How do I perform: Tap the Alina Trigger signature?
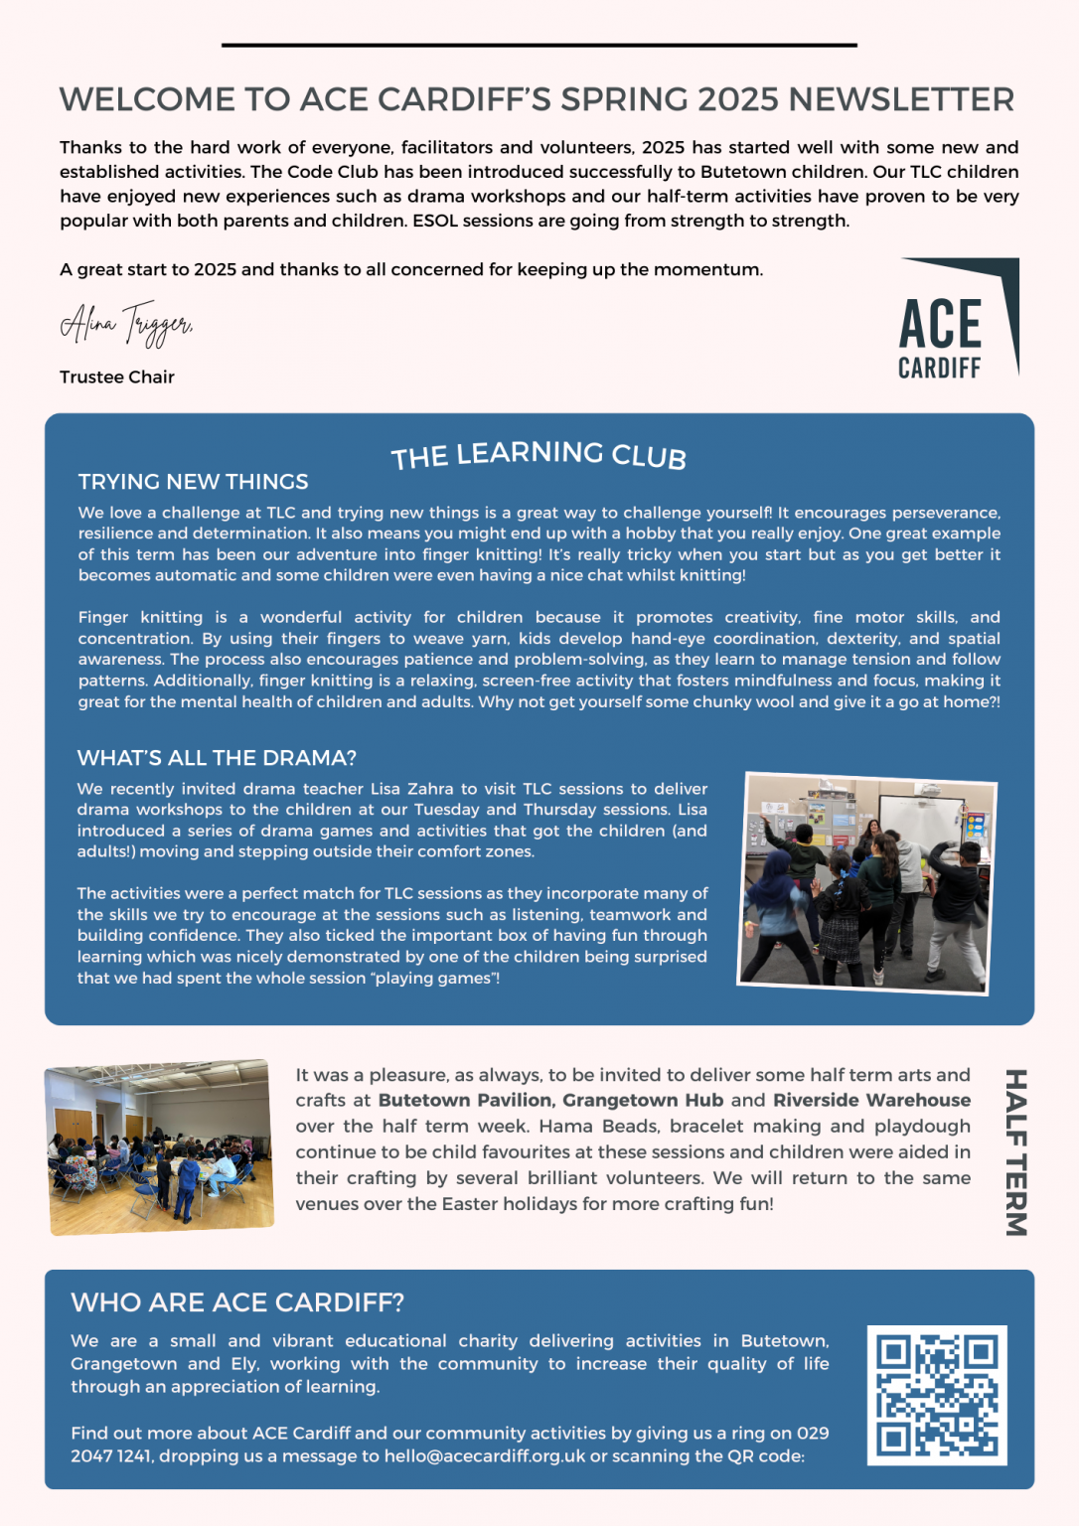tap(126, 323)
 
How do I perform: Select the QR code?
tap(936, 1395)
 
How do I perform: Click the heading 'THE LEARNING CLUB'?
tap(539, 455)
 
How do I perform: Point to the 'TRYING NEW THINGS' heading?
tap(193, 482)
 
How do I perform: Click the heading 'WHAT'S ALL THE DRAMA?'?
tap(217, 758)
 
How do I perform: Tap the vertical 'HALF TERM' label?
tap(1014, 1152)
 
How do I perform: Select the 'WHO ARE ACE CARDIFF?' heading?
tap(237, 1302)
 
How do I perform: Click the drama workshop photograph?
tap(866, 882)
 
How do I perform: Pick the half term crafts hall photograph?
tap(160, 1147)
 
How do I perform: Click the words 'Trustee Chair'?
tap(117, 378)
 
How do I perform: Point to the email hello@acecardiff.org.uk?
tap(485, 1456)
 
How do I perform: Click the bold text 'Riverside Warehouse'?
tap(871, 1101)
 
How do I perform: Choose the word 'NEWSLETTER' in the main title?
tap(901, 99)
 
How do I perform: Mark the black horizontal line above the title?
tap(539, 45)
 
